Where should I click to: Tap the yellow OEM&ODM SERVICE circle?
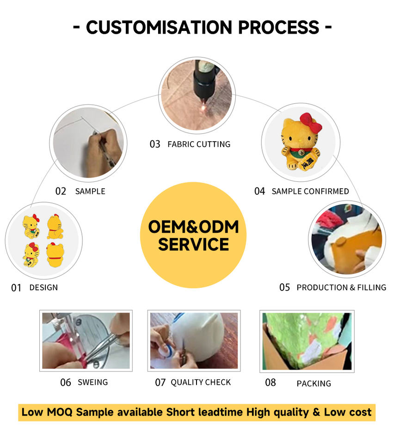[x=193, y=235]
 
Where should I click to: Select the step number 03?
[x=154, y=144]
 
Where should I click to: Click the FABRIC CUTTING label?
[x=199, y=144]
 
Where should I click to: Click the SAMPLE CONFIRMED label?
[x=310, y=191]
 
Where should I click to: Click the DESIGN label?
[x=43, y=287]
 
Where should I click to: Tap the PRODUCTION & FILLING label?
[x=341, y=287]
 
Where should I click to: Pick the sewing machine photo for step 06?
[x=86, y=341]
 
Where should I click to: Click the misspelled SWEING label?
[x=92, y=382]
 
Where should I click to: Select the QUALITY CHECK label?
[x=201, y=382]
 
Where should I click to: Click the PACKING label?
[x=313, y=383]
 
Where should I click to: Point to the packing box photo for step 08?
[x=307, y=341]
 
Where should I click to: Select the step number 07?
[x=160, y=383]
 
